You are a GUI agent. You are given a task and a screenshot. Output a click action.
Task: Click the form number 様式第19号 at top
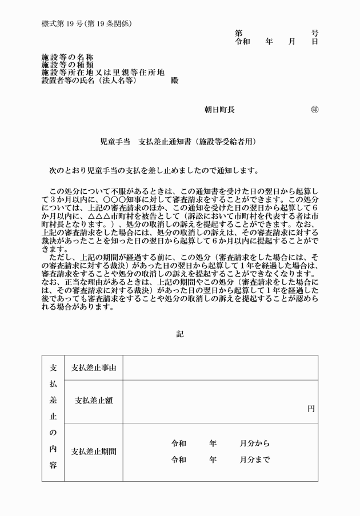[x=63, y=23]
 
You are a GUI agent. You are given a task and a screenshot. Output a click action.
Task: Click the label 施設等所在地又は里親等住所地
[x=103, y=73]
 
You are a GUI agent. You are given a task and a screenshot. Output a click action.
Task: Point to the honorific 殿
[x=174, y=81]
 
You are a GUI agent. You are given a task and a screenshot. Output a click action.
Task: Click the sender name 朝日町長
[x=219, y=110]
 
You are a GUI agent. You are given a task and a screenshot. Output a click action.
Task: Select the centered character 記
[x=180, y=334]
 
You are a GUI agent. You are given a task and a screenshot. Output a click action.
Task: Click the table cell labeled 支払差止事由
[x=94, y=367]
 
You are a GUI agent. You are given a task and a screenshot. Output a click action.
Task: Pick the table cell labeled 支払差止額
[x=94, y=401]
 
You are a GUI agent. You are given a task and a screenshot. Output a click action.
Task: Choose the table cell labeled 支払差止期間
[x=94, y=451]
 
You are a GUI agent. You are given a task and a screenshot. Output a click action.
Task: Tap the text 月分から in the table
[x=255, y=443]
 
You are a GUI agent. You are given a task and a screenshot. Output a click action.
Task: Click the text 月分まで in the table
[x=255, y=459]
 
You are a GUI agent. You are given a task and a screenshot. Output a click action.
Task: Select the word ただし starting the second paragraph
[x=62, y=257]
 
